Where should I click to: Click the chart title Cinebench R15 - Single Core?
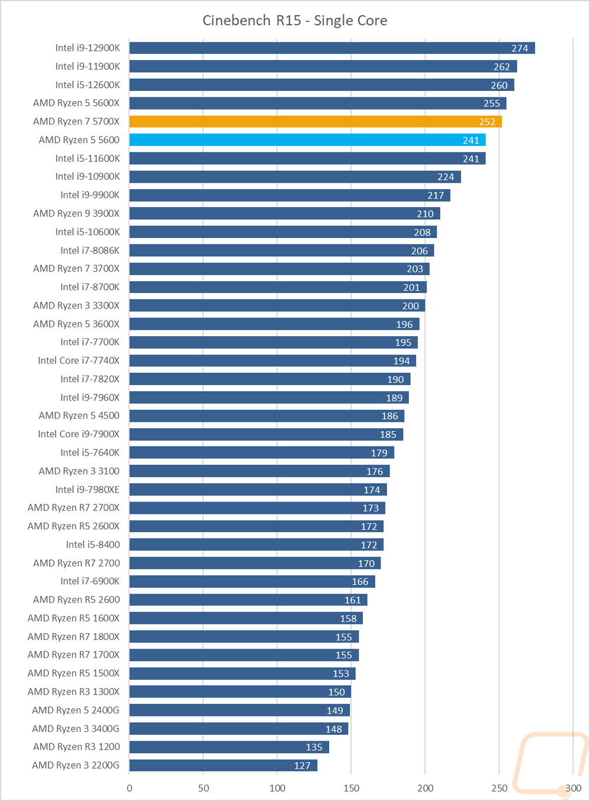295,21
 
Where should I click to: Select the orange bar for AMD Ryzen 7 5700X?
315,122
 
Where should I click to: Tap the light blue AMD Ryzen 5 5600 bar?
307,140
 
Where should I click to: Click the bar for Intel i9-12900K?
332,48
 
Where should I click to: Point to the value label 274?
520,48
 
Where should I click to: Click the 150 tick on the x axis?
351,788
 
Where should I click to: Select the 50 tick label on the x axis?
204,788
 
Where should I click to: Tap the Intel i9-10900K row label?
87,177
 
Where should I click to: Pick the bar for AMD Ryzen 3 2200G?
223,766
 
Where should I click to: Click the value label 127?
302,766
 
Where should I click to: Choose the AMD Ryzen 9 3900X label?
76,213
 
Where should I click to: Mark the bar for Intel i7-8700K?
277,287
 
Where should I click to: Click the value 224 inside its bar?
446,177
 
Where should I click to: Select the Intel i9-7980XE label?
87,490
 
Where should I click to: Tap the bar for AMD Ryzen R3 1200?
229,747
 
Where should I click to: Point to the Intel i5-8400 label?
93,545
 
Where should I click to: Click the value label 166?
360,582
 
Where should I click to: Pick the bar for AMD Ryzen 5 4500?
267,416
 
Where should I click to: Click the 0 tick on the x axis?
130,788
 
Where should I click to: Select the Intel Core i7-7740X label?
78,360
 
